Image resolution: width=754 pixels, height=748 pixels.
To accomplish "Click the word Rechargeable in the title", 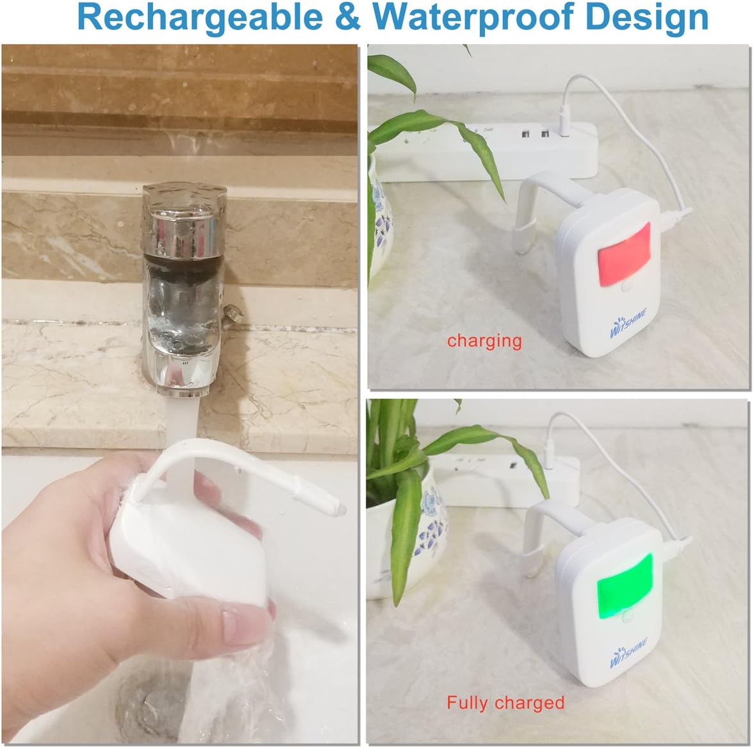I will click(x=200, y=18).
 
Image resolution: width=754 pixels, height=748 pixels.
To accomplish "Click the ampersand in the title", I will click(x=348, y=18).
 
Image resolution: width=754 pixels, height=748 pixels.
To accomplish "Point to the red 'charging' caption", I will click(x=484, y=340).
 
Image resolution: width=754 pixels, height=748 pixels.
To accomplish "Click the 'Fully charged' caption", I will click(x=505, y=702).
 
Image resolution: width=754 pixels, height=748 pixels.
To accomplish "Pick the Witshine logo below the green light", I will click(x=628, y=652).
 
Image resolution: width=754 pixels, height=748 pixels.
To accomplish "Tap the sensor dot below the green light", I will click(x=625, y=617).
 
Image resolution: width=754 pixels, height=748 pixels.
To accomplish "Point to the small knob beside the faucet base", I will click(x=233, y=313).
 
